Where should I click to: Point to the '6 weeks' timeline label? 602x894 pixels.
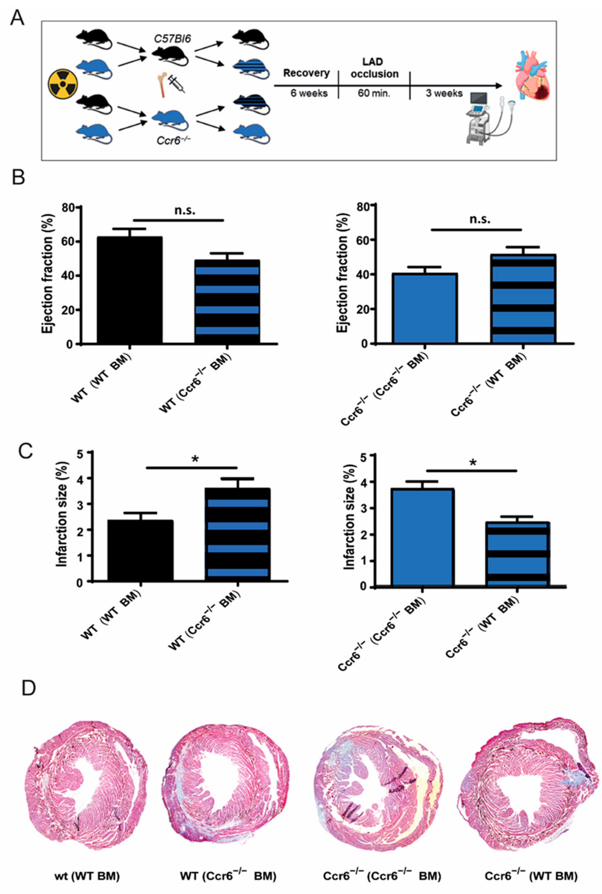(309, 93)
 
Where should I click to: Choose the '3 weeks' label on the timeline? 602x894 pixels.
(444, 93)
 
